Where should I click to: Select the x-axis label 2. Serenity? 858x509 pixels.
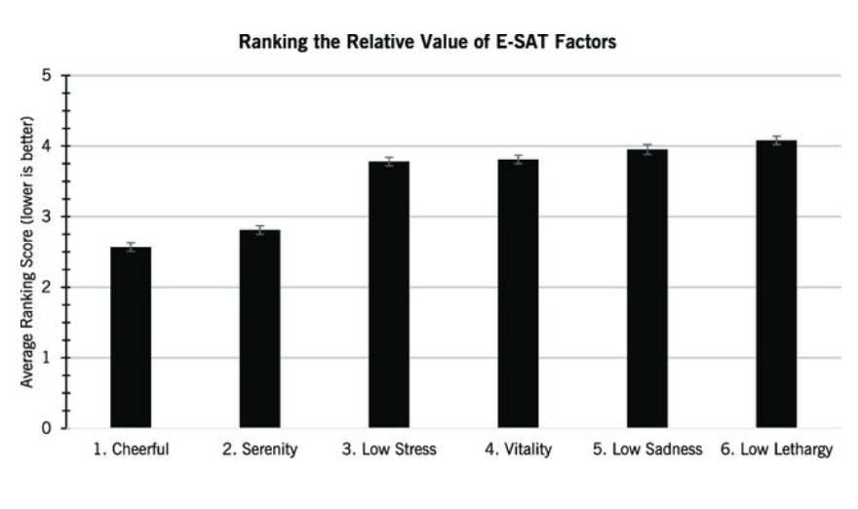(259, 450)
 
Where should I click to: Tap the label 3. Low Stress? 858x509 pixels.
(388, 450)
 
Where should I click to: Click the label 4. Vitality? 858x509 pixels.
(518, 450)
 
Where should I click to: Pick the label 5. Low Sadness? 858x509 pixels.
(646, 450)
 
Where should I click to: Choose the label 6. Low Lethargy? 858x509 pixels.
(776, 450)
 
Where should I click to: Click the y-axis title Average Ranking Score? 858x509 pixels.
(28, 252)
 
